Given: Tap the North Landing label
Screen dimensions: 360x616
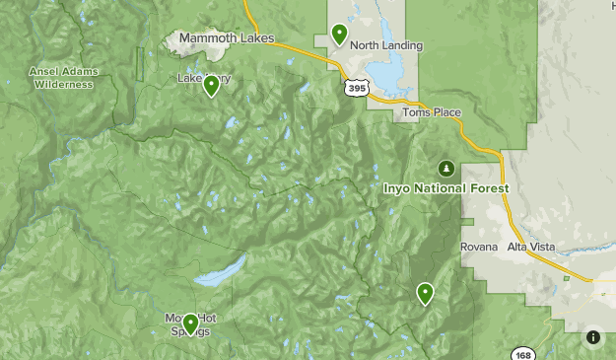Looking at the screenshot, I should pos(386,45).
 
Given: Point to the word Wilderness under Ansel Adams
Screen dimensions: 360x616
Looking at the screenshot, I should pos(63,85).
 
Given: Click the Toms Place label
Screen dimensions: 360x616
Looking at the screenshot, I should pos(432,112).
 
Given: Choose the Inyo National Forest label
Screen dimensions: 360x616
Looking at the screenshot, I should pos(445,187).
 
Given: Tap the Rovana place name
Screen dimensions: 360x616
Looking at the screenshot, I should pos(478,247).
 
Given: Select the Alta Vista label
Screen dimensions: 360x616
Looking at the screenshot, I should pos(533,247).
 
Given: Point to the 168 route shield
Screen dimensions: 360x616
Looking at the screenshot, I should pos(522,354).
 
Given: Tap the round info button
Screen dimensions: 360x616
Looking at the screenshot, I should pos(593,337).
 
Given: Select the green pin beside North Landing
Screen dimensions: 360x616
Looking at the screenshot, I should pos(339,35).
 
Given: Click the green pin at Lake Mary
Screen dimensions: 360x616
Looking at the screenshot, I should pos(211,86).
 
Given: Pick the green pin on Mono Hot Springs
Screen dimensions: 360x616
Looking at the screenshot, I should pos(190,323).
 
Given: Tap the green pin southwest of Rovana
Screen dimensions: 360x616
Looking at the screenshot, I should pos(425,292).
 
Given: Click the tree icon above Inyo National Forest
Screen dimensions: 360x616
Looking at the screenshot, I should pos(446,167).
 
